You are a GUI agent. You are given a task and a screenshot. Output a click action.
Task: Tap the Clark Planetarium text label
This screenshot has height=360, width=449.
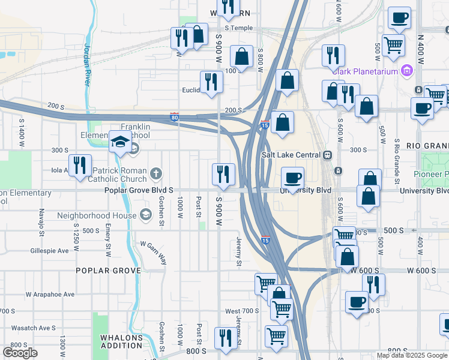[x=366, y=71]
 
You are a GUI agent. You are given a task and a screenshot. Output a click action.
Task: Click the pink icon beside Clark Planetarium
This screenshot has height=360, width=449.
[x=407, y=71]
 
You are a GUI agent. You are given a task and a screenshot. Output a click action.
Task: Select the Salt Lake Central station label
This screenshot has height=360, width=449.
[x=291, y=154]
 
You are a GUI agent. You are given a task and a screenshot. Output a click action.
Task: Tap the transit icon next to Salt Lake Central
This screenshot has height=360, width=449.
[x=327, y=154]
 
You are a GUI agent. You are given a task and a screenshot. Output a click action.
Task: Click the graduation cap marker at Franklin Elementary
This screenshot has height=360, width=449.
[x=120, y=142]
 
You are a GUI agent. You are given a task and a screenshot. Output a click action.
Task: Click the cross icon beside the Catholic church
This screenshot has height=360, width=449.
[x=156, y=175]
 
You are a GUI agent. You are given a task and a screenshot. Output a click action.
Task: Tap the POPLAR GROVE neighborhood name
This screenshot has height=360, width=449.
[x=109, y=271]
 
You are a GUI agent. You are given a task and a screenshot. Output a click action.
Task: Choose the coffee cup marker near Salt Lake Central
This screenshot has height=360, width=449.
[x=293, y=177]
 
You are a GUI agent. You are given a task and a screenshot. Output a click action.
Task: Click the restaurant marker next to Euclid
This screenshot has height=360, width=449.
[x=211, y=81]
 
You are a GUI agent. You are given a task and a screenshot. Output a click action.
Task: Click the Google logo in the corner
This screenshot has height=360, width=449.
[x=20, y=353]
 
